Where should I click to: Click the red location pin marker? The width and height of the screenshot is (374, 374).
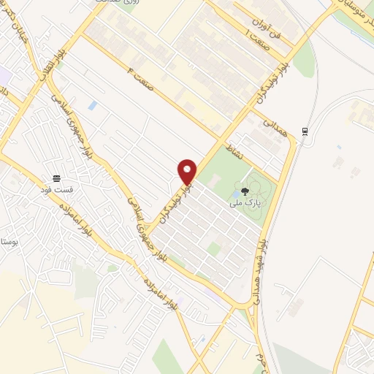[x=188, y=172]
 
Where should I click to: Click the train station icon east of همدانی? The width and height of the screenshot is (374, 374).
[x=304, y=131]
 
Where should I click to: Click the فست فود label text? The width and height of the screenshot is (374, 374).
[x=57, y=189]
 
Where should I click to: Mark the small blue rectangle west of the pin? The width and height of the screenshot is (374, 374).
[x=92, y=106]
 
